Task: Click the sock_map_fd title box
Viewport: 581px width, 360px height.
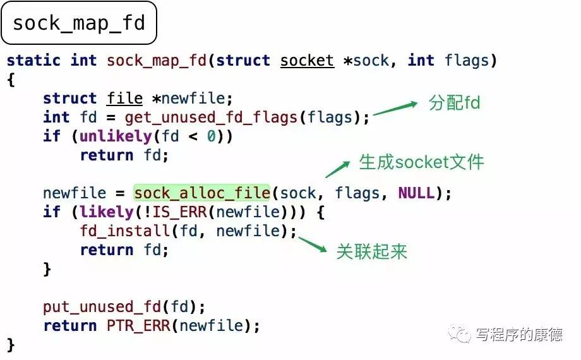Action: (79, 23)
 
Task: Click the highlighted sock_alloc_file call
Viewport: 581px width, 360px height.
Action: (201, 193)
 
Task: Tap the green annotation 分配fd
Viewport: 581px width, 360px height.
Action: (455, 103)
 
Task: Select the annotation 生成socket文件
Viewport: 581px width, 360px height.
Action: (422, 162)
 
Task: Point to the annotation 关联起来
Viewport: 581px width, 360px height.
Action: (372, 251)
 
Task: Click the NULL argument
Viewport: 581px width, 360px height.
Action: (416, 193)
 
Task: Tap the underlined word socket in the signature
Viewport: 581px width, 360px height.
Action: (307, 61)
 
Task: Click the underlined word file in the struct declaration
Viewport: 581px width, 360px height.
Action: (124, 99)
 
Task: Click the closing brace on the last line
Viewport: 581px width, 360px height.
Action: (10, 345)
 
